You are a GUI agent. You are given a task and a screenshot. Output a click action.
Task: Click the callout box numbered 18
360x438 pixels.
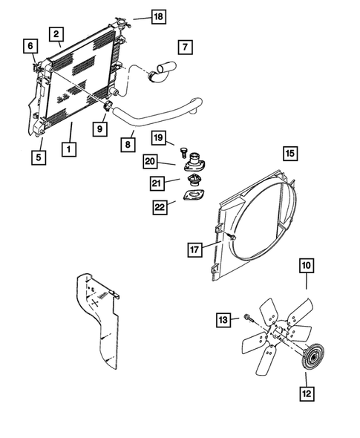click(x=157, y=16)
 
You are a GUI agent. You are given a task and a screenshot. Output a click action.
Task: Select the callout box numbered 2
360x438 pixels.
click(x=55, y=33)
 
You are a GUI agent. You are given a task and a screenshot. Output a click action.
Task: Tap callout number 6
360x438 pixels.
click(x=30, y=46)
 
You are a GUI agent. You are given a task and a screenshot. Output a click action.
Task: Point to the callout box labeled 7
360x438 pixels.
click(x=185, y=47)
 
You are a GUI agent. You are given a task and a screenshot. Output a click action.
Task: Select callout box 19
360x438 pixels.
click(x=157, y=138)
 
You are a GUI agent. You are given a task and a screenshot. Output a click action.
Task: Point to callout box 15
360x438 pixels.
click(x=289, y=154)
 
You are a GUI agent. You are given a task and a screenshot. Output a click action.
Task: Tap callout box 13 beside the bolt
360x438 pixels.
click(x=223, y=319)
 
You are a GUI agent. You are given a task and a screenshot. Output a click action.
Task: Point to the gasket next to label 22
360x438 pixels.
click(x=194, y=199)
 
